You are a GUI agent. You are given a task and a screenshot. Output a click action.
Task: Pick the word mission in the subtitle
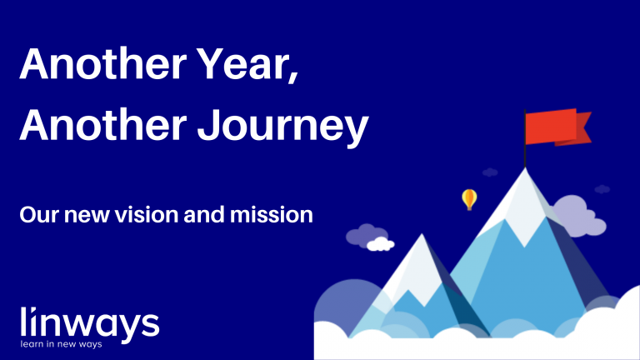tap(278, 215)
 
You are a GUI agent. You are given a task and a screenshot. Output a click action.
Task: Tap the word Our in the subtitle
tap(36, 215)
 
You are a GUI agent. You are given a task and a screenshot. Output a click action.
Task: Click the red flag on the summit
tap(554, 127)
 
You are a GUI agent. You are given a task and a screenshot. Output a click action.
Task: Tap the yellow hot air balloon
tap(469, 198)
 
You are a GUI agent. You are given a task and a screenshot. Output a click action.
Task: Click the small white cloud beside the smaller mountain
tap(380, 244)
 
